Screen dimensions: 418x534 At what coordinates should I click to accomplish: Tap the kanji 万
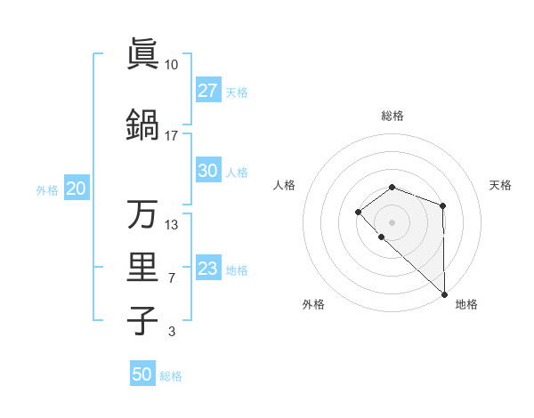(142, 213)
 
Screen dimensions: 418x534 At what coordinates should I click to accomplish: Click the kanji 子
(142, 320)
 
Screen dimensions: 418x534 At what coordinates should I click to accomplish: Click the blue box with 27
(207, 91)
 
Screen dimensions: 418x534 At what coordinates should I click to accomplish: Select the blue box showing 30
(207, 172)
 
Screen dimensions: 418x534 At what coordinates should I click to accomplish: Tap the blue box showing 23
(207, 269)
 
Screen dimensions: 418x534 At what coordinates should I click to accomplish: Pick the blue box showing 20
(76, 189)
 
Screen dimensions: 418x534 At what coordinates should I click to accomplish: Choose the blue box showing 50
(142, 374)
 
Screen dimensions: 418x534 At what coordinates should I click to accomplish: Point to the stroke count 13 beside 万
(172, 224)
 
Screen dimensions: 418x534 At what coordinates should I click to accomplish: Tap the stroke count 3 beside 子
(172, 333)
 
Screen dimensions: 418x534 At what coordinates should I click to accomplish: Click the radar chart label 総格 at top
(392, 116)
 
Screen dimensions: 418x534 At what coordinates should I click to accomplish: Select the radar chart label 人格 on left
(284, 185)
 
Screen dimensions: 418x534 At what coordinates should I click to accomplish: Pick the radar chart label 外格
(313, 304)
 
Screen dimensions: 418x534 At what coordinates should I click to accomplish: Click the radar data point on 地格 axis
(444, 293)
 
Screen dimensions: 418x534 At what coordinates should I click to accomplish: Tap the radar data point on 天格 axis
(442, 206)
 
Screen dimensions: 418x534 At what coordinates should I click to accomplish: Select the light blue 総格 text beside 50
(171, 376)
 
